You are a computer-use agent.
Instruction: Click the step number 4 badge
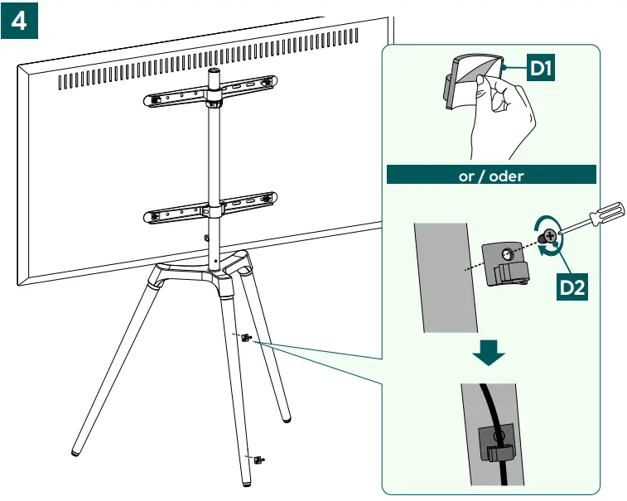[x=19, y=21]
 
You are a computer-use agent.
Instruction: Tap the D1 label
[x=541, y=68]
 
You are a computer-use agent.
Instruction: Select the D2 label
[x=572, y=287]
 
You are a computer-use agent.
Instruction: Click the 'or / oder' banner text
[x=491, y=176]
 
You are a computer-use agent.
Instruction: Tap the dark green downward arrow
[x=489, y=353]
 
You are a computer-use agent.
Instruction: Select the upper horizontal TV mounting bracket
[x=210, y=92]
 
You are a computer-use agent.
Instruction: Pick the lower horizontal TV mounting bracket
[x=210, y=208]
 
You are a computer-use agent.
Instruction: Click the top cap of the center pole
[x=214, y=73]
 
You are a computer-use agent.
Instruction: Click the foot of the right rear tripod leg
[x=286, y=420]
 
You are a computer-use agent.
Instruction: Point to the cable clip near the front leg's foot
[x=258, y=460]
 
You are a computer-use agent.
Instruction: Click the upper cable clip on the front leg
[x=246, y=338]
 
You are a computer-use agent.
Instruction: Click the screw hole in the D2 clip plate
[x=507, y=253]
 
